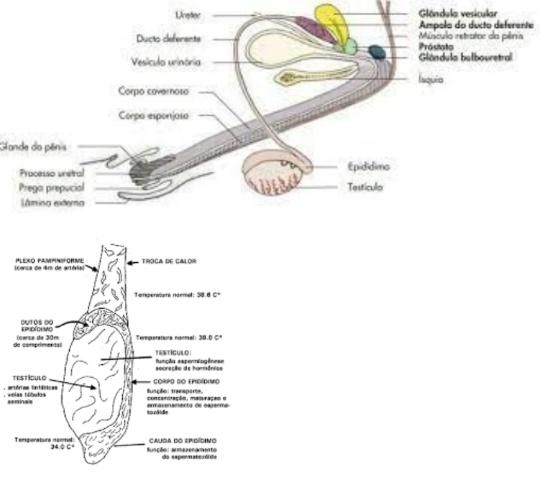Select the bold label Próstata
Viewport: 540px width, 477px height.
click(x=437, y=44)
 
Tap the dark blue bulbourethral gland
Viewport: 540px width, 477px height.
click(x=376, y=52)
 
